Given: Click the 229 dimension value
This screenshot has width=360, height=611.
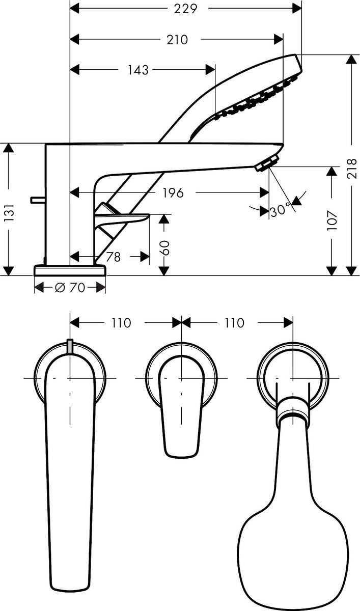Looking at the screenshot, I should coord(186,8).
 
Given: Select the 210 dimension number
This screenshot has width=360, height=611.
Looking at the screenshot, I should coord(178,39).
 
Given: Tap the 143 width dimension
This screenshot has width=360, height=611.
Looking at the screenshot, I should coord(138,70).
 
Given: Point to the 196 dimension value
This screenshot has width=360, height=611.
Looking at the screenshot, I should coord(173,192).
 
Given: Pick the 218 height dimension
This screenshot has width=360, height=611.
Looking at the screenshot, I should coord(351,169).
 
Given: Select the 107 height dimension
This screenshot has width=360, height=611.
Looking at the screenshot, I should coord(332,220).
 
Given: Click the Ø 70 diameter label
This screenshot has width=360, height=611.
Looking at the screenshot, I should coord(70,288).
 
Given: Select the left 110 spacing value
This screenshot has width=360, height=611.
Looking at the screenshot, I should coord(121,323).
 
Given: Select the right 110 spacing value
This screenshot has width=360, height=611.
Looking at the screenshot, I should coord(234,323).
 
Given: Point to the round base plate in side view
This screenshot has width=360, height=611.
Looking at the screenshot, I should coord(70,270).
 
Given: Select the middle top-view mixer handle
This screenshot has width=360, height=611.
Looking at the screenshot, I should coord(181,407).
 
